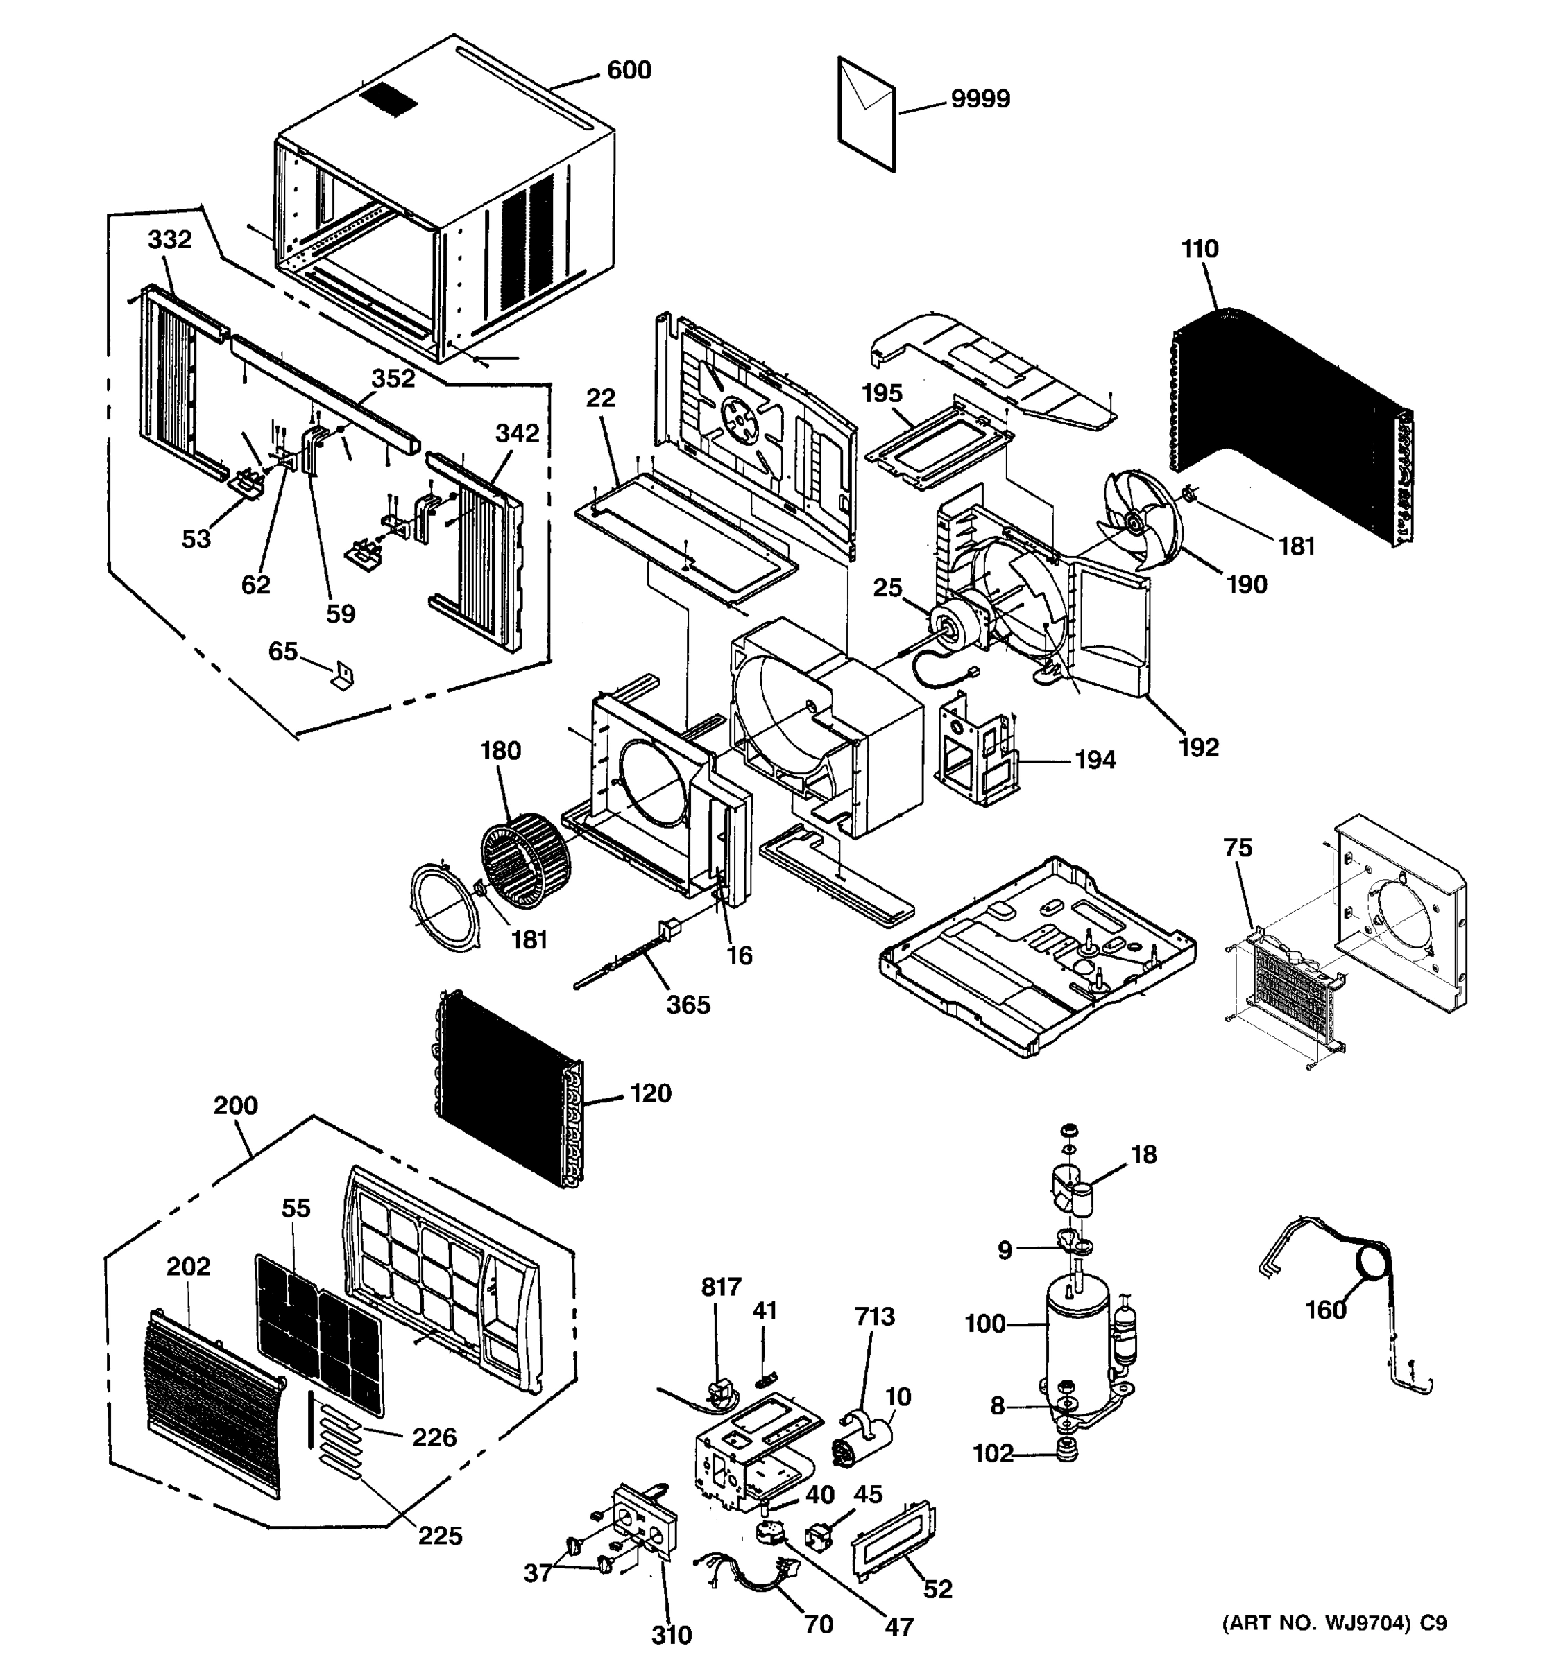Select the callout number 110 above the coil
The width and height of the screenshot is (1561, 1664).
pos(1200,249)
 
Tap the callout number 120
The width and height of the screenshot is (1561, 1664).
pos(651,1093)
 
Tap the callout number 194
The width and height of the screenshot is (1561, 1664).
pos(1095,760)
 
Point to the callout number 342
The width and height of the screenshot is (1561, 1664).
pos(517,433)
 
